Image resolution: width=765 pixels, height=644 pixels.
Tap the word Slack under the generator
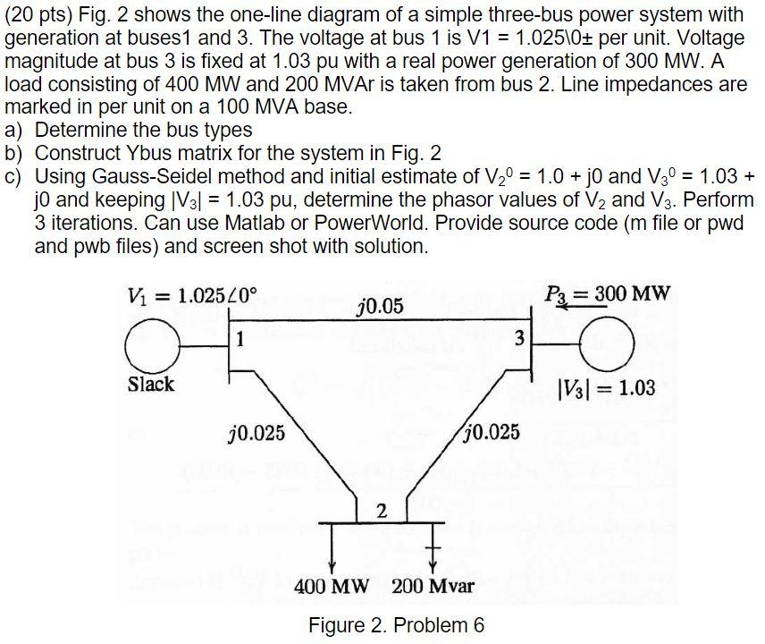pos(151,385)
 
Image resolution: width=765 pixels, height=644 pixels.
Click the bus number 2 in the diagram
pos(382,511)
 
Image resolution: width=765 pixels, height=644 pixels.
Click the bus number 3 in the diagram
pos(521,338)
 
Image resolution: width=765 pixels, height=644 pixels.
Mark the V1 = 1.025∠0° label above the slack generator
pos(192,292)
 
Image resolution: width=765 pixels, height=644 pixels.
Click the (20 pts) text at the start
pos(39,15)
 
